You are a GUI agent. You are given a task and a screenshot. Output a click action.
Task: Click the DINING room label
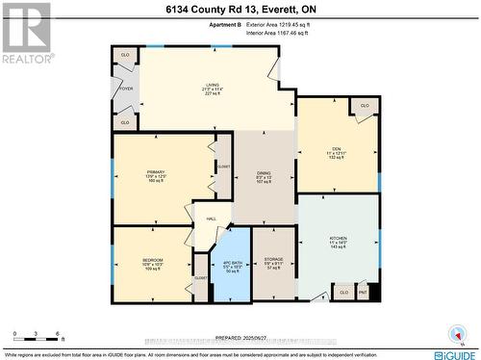tap(264, 172)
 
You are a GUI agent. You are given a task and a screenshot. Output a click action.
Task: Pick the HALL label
tap(212, 219)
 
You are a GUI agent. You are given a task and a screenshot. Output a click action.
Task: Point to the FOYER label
tap(125, 88)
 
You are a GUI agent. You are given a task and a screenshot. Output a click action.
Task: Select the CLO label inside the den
tap(365, 105)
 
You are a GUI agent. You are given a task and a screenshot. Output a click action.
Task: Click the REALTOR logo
tap(25, 33)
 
